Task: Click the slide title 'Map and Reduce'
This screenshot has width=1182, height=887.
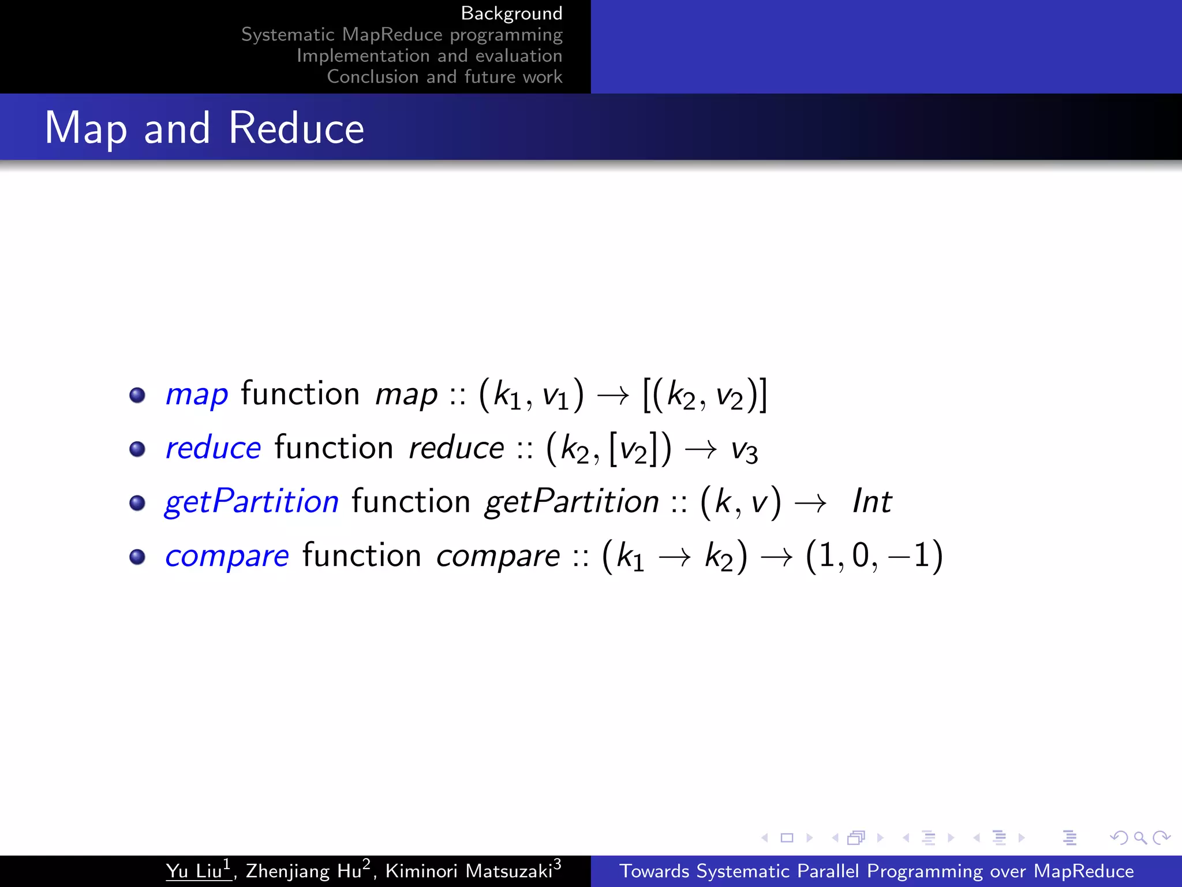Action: (x=204, y=128)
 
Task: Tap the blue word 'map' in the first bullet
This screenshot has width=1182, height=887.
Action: (x=197, y=395)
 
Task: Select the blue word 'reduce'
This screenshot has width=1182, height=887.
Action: (x=213, y=448)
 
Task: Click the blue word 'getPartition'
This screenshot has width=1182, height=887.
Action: (x=252, y=501)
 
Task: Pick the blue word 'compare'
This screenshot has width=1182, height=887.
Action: (x=227, y=556)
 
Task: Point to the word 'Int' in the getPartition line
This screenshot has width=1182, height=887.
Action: (x=871, y=501)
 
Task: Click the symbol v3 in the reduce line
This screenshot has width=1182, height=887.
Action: (x=744, y=450)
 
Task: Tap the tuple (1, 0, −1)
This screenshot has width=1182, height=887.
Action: (x=874, y=556)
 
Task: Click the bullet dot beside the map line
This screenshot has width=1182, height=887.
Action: (x=137, y=396)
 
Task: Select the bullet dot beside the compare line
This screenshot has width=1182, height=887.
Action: (x=137, y=557)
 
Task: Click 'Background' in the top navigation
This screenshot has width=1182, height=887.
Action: (x=511, y=13)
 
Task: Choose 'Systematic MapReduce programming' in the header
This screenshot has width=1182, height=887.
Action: (x=402, y=35)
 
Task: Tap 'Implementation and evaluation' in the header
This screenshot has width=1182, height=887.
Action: (x=429, y=55)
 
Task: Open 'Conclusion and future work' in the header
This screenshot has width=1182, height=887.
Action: (x=444, y=77)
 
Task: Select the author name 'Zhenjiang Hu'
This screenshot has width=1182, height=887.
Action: (x=304, y=871)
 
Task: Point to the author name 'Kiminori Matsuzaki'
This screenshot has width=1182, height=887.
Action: (x=469, y=871)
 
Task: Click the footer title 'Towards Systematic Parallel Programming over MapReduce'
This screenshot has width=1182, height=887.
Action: (x=876, y=871)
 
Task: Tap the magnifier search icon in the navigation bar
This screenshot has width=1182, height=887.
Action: (x=1140, y=837)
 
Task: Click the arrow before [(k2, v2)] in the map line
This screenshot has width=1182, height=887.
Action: (x=613, y=396)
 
